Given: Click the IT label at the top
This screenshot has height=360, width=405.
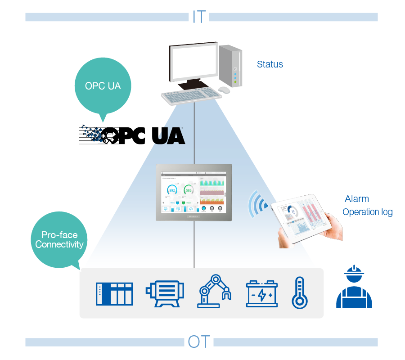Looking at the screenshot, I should pos(198,17).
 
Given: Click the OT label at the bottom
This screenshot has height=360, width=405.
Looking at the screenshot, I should pos(199,342).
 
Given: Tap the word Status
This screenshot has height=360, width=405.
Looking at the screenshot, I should pos(270,64).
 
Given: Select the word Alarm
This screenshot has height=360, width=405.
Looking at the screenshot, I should pos(357,199).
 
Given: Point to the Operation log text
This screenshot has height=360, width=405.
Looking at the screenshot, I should pos(368,212).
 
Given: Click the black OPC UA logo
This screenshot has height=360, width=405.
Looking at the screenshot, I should pos(132,135).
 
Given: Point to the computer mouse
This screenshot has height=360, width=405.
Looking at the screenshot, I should pos(225,90).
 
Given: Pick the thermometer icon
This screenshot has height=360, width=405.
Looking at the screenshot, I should pos(299,292).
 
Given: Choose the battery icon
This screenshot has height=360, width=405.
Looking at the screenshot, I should pos(262,293).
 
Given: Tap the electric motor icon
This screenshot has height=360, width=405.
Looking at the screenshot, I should pos(165,293).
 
